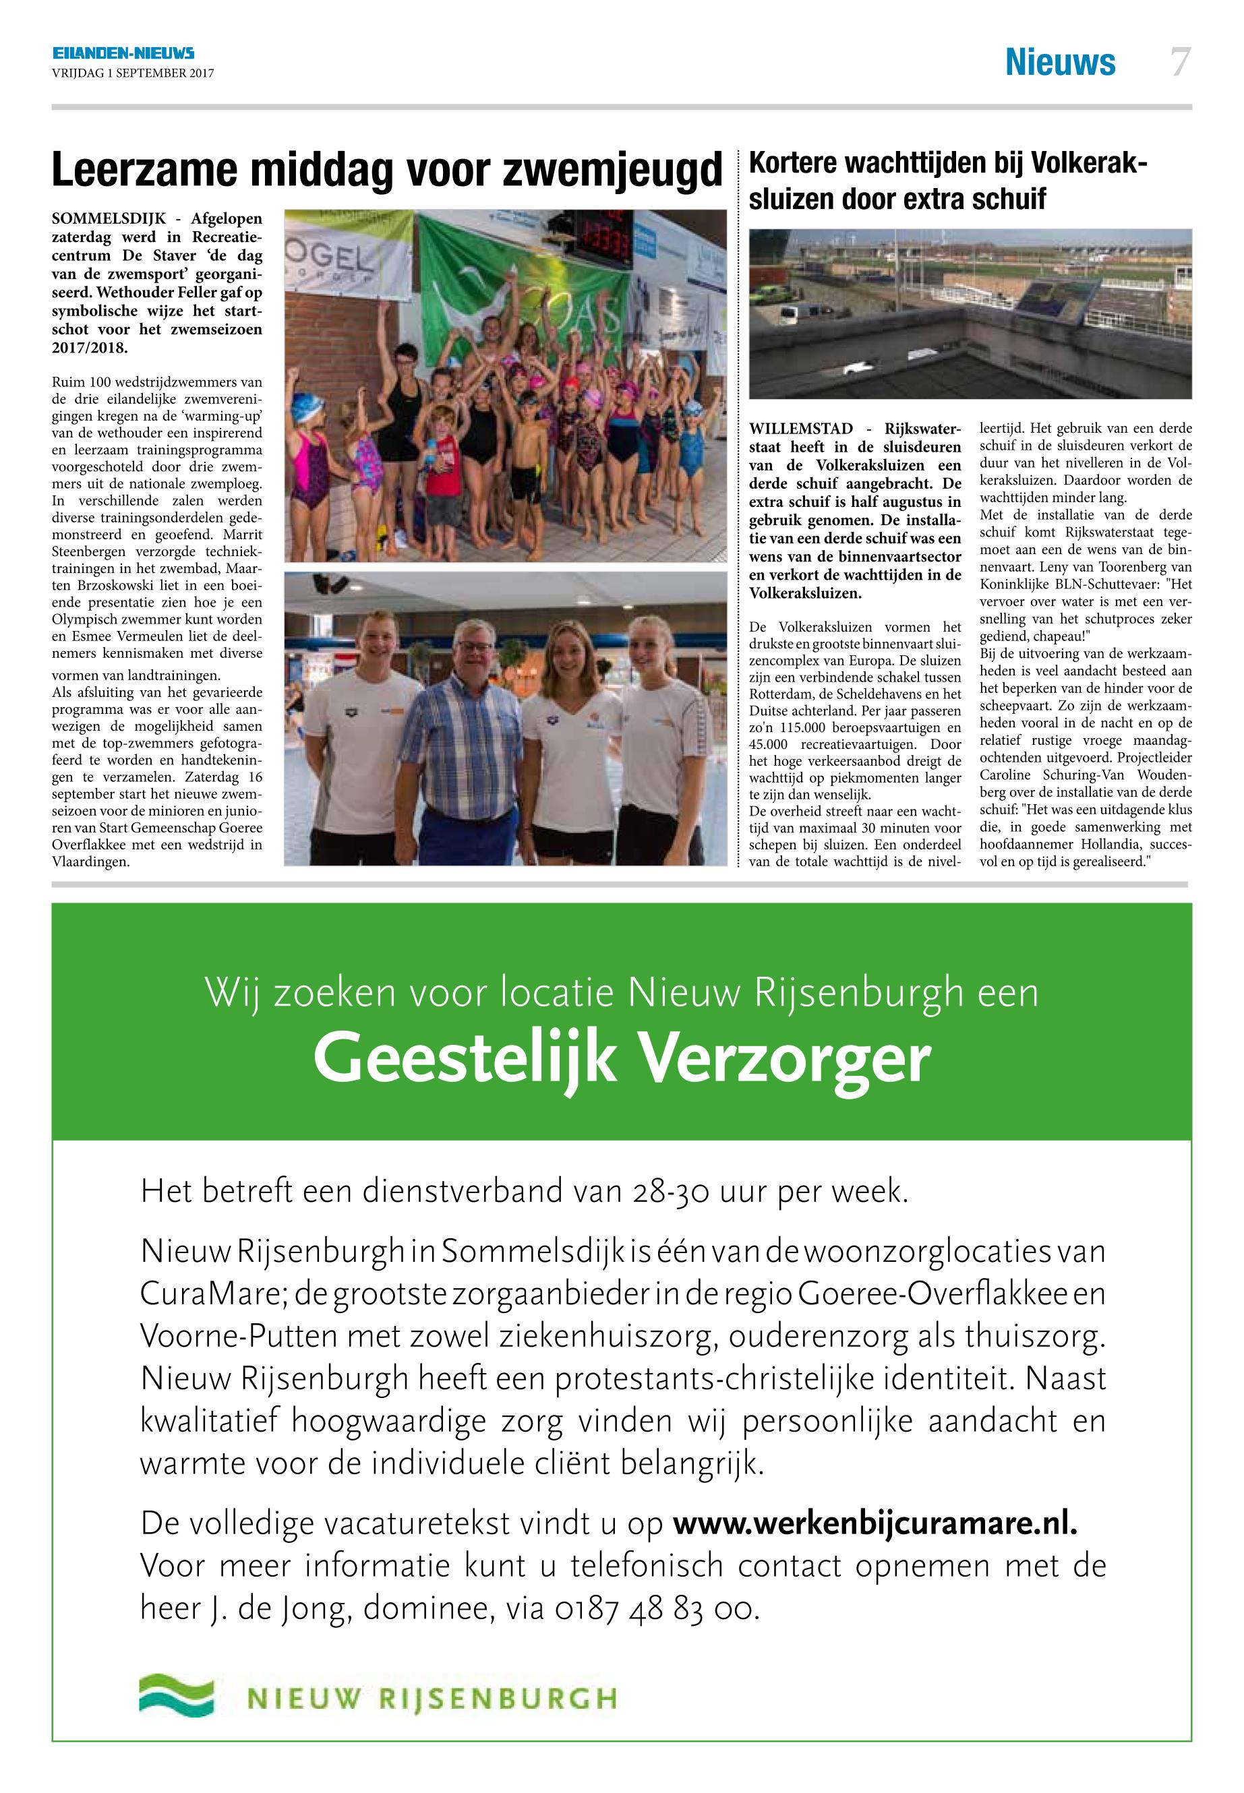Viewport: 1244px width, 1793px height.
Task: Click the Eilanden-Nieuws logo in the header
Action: pyautogui.click(x=123, y=53)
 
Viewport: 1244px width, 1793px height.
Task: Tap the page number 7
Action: pyautogui.click(x=1180, y=62)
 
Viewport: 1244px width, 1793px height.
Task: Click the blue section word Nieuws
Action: pyautogui.click(x=1060, y=62)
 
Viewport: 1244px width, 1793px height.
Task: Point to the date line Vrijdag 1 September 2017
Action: pyautogui.click(x=133, y=74)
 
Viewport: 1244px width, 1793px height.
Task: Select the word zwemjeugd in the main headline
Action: pyautogui.click(x=612, y=170)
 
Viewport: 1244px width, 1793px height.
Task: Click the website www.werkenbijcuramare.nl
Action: pyautogui.click(x=875, y=1523)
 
